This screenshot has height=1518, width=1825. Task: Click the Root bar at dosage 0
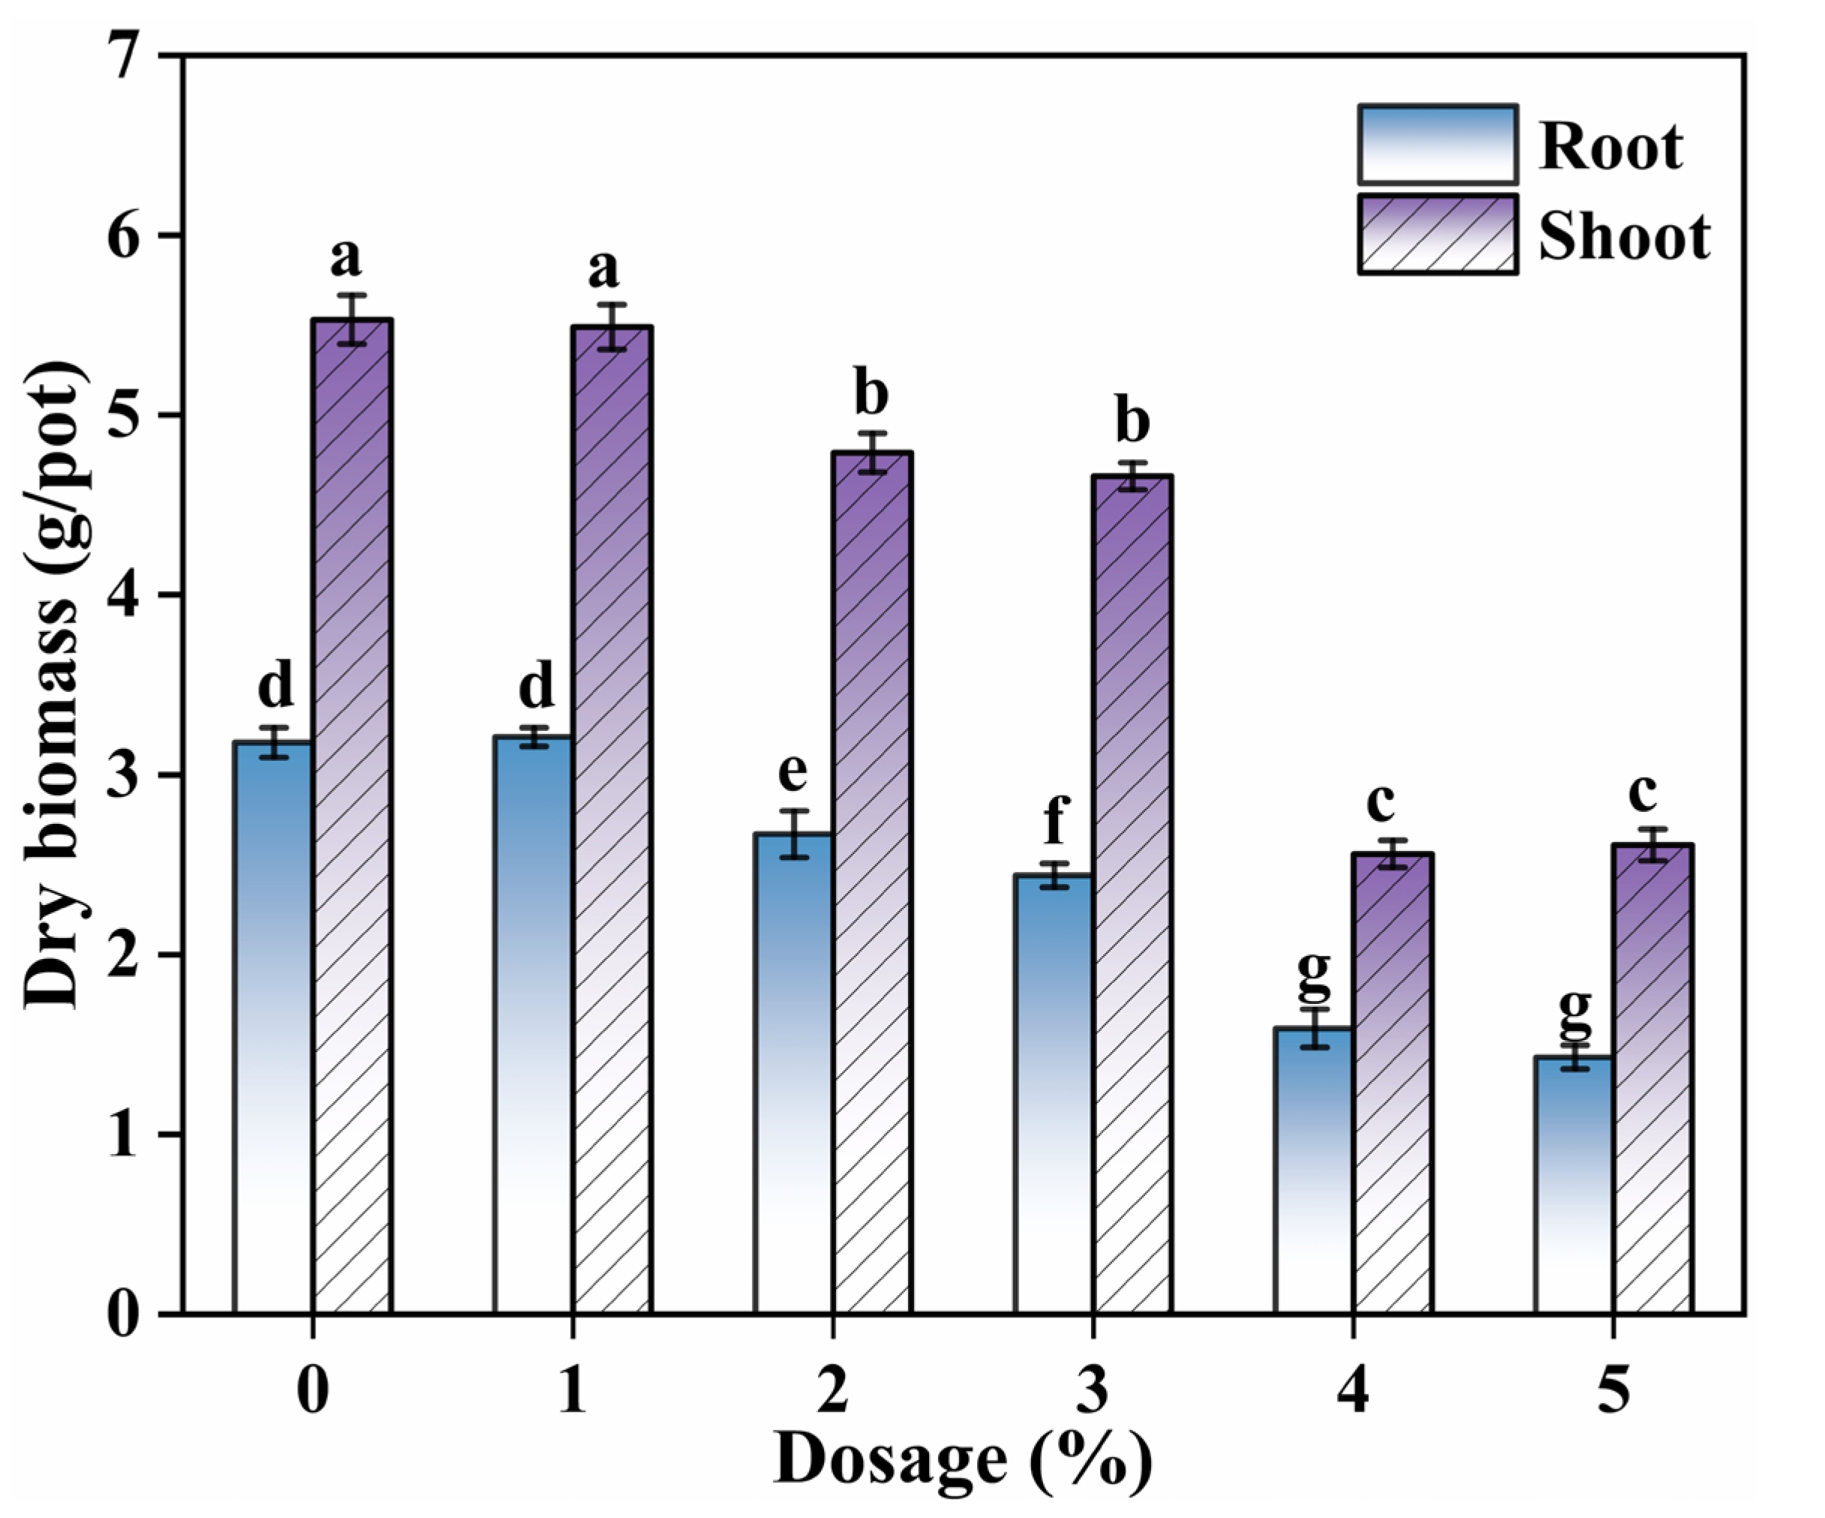tap(273, 1025)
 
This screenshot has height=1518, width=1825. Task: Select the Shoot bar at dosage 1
tap(612, 817)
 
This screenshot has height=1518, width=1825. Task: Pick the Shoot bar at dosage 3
tap(1132, 895)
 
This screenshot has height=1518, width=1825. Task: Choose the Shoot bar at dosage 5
tap(1652, 1078)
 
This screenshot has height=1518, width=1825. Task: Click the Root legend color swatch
tap(1437, 144)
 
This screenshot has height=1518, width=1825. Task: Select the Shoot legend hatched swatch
tap(1437, 233)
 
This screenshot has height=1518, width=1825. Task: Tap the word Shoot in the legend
tap(1624, 236)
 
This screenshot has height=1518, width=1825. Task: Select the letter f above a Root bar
tap(1055, 819)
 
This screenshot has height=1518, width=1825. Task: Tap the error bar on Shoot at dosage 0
tap(352, 320)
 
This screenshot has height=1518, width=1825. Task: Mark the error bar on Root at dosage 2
tap(793, 834)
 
